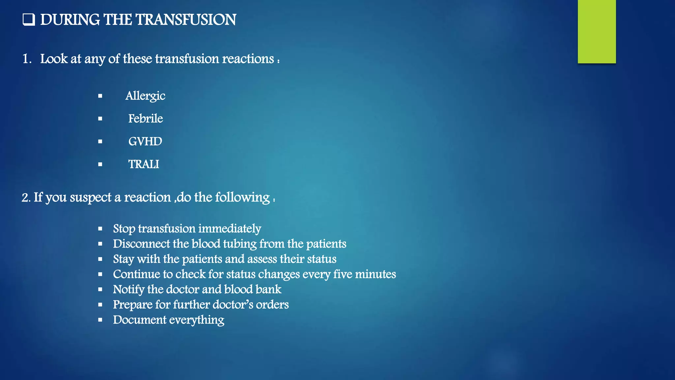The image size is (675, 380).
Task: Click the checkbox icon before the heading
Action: pyautogui.click(x=29, y=19)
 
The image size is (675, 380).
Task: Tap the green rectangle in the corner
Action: pyautogui.click(x=597, y=31)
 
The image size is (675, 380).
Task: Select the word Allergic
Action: pyautogui.click(x=145, y=96)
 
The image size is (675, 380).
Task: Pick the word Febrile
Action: pyautogui.click(x=145, y=118)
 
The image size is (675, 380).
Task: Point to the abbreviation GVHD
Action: pyautogui.click(x=145, y=141)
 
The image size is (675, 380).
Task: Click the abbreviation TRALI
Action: pyautogui.click(x=143, y=164)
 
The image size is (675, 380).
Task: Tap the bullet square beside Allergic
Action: pyautogui.click(x=100, y=96)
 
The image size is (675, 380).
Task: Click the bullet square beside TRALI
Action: pyautogui.click(x=100, y=164)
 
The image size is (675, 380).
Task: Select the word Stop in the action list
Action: pyautogui.click(x=124, y=229)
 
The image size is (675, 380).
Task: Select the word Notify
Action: pyautogui.click(x=129, y=289)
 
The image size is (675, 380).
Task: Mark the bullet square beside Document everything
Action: pyautogui.click(x=100, y=320)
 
